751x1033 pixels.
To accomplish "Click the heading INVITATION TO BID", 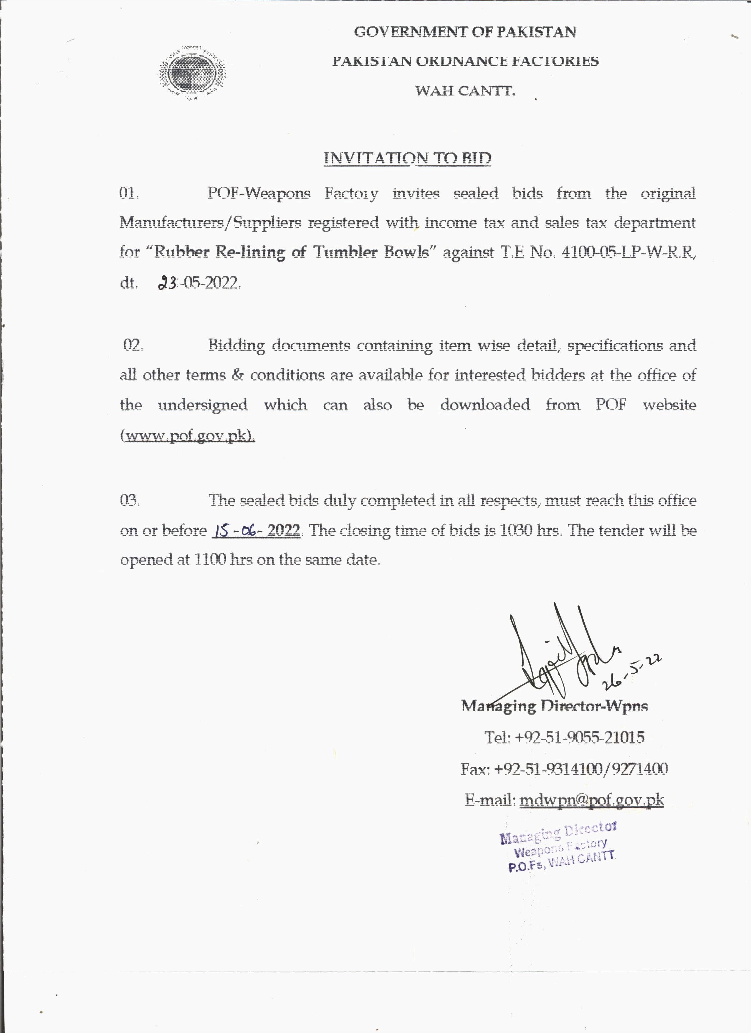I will pyautogui.click(x=407, y=158).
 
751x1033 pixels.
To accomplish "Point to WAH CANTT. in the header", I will pyautogui.click(x=465, y=91).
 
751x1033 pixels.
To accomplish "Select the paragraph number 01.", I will pyautogui.click(x=128, y=193).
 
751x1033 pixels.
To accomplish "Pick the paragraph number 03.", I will pyautogui.click(x=129, y=500).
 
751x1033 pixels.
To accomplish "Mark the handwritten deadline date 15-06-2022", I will pyautogui.click(x=256, y=530).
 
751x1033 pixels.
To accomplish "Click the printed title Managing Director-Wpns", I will pyautogui.click(x=554, y=706).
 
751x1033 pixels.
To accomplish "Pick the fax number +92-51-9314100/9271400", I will pyautogui.click(x=581, y=769).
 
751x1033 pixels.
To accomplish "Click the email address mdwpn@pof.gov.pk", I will pyautogui.click(x=591, y=800).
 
